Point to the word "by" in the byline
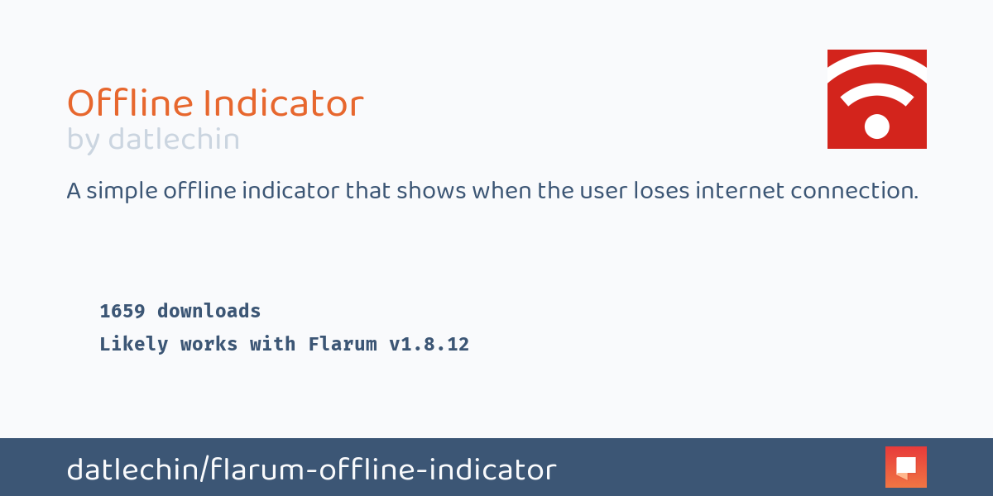coord(83,141)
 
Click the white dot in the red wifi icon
coord(876,126)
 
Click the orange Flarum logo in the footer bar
coord(905,467)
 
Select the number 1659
coord(122,312)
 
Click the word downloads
coord(209,312)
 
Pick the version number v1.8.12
coord(429,345)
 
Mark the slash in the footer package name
coord(203,470)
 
